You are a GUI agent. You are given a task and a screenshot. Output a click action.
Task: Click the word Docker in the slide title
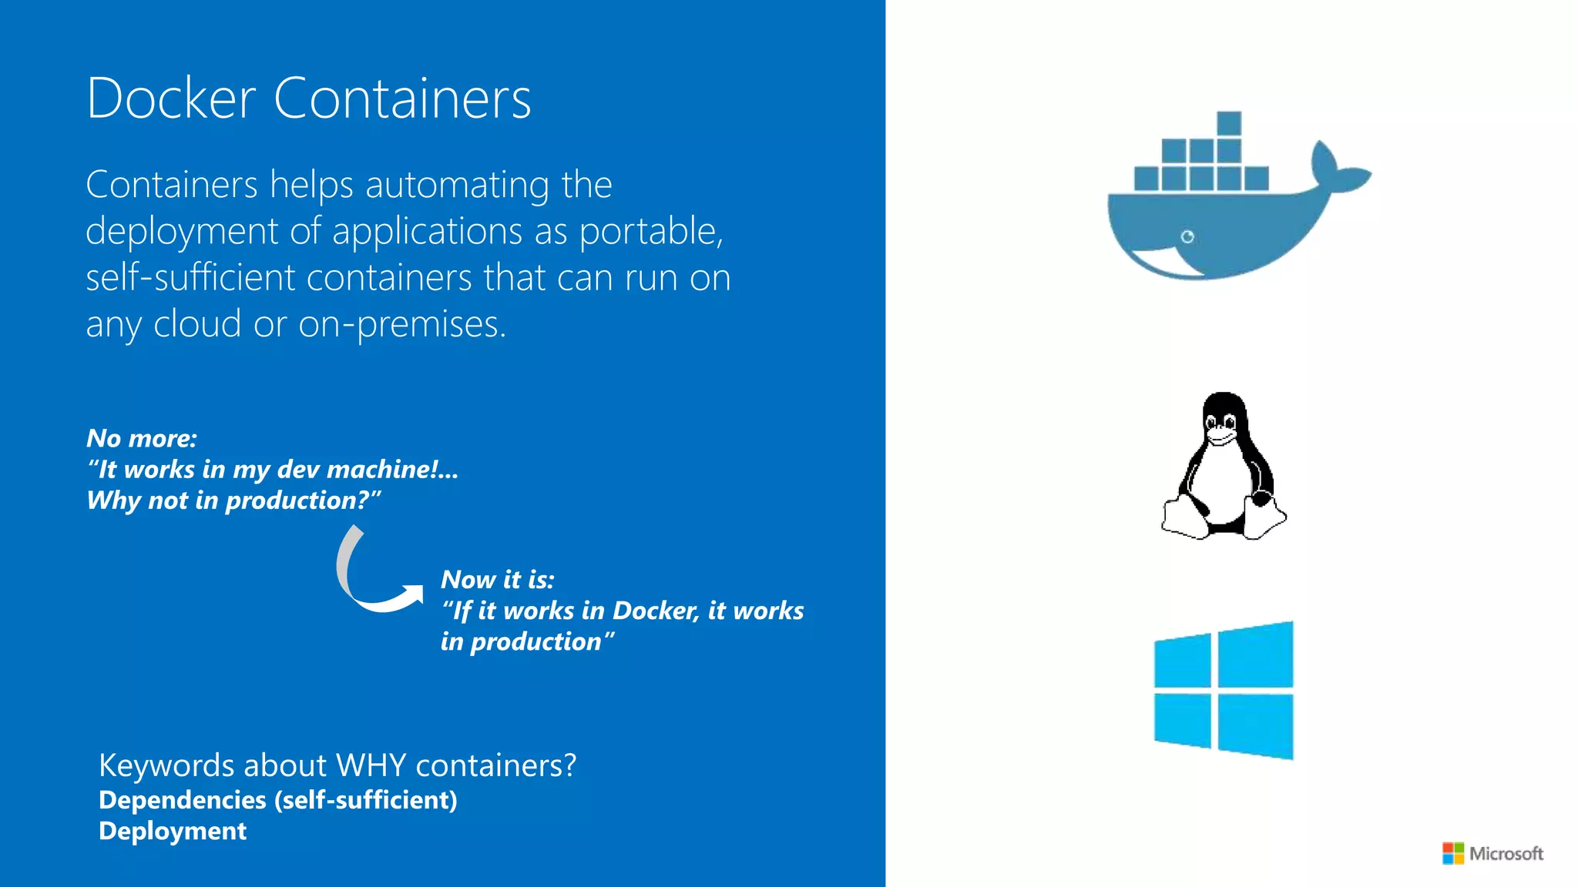(170, 99)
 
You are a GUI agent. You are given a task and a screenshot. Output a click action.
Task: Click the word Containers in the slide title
(402, 99)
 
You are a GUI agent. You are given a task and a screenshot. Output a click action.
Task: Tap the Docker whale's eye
(1187, 236)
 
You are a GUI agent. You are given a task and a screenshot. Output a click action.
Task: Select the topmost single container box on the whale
(1229, 123)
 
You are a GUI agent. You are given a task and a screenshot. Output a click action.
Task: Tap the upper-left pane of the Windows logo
(1183, 661)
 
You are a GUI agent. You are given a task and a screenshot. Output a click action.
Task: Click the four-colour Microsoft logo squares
(1453, 853)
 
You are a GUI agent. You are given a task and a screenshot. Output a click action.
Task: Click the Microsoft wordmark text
(1506, 853)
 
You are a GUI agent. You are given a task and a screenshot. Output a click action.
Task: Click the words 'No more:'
(142, 438)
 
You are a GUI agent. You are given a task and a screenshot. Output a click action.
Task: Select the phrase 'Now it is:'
(498, 580)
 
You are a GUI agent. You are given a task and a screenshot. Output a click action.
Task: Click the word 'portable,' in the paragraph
(651, 231)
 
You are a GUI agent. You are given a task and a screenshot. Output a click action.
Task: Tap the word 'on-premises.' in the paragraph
(402, 324)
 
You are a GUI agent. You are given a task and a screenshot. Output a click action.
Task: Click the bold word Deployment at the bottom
(173, 831)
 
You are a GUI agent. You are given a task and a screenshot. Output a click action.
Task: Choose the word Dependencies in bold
(183, 800)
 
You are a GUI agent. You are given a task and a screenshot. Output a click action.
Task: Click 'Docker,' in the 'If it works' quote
(656, 611)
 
